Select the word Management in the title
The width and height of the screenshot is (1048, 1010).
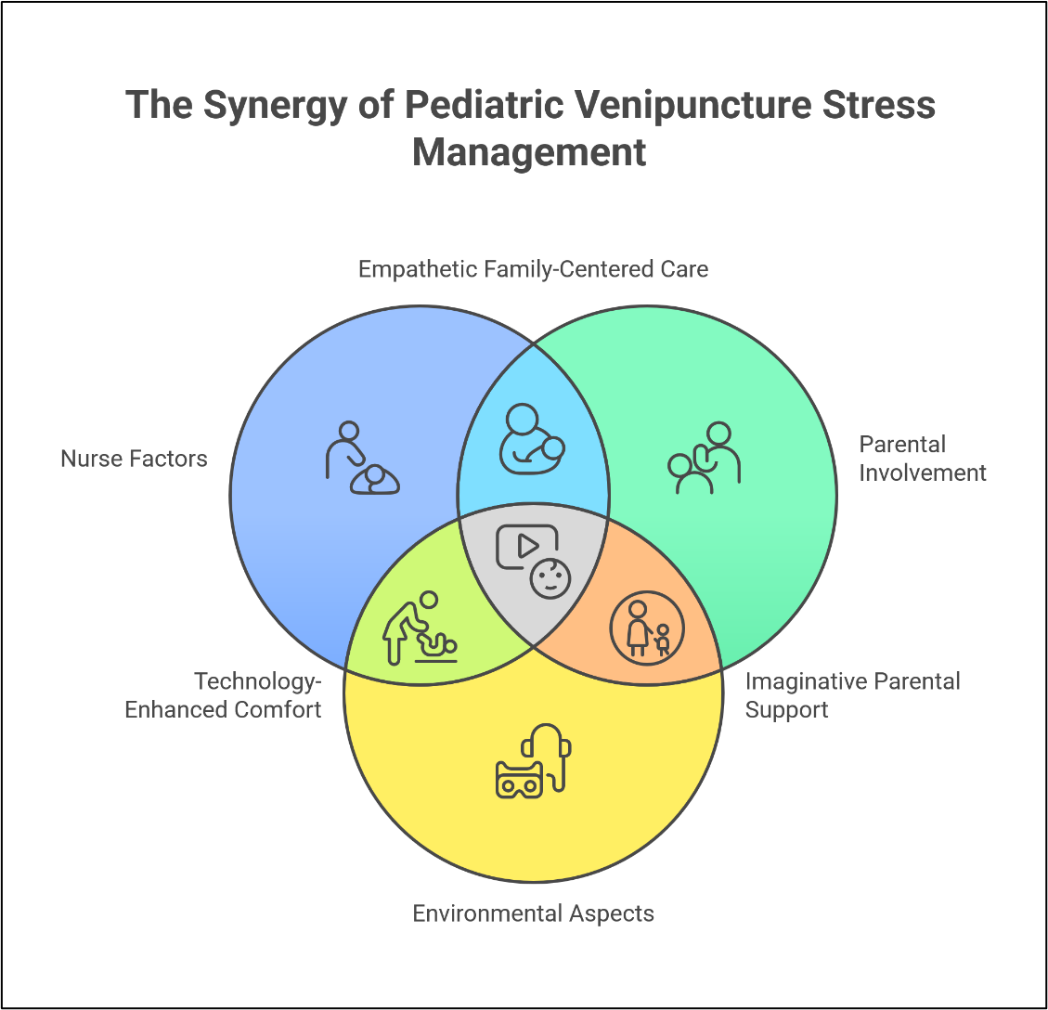[529, 152]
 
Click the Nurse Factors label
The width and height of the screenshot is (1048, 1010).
[134, 459]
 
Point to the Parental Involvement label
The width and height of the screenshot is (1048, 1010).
[922, 459]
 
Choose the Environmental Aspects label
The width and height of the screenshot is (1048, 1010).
[534, 913]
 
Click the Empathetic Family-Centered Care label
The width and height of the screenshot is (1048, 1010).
[533, 270]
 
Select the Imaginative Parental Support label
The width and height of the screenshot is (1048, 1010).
[852, 696]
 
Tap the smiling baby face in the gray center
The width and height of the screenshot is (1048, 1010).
[550, 579]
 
